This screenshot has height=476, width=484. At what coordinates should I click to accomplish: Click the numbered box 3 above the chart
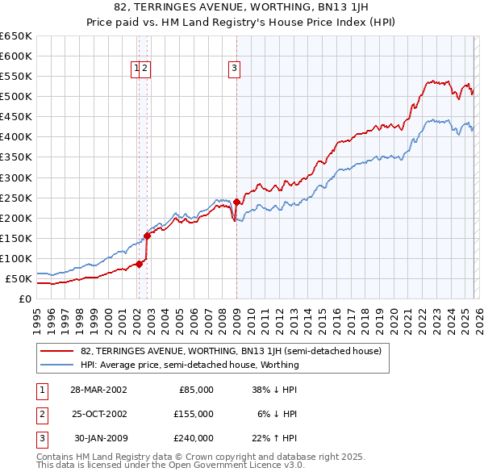click(x=234, y=69)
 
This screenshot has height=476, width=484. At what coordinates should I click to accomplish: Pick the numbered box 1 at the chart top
click(x=136, y=69)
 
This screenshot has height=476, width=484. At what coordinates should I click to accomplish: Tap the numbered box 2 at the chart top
click(x=144, y=69)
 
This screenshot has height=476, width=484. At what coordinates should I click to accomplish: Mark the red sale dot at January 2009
click(x=236, y=202)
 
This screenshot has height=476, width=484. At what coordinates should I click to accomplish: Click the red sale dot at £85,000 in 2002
click(x=140, y=264)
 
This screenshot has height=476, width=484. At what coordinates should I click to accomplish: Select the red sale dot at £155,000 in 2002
click(x=147, y=236)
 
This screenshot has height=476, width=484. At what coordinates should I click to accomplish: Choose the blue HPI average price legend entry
click(x=190, y=365)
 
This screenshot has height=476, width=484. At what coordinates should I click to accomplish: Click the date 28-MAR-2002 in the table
click(x=98, y=389)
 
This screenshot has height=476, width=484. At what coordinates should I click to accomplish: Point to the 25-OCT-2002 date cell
click(x=98, y=414)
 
